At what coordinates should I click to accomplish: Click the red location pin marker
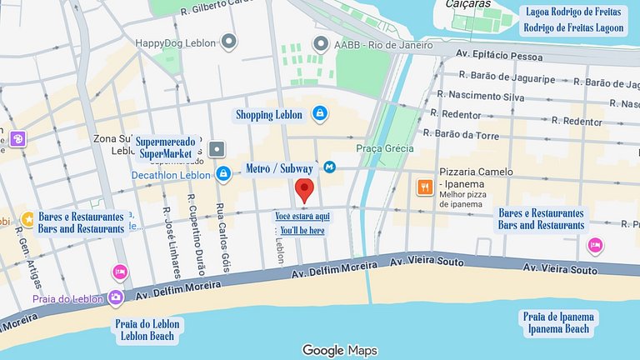click(304, 190)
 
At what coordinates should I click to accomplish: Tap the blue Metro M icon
click(330, 167)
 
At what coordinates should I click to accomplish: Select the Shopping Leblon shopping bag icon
click(319, 112)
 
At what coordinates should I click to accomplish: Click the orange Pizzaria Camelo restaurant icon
click(424, 187)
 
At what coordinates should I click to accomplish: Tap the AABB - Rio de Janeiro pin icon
click(320, 42)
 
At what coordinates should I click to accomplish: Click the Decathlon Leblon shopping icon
click(222, 174)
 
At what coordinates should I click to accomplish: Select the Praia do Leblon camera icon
click(116, 298)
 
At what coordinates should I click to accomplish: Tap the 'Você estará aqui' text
click(302, 216)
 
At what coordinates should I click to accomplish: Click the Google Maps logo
click(340, 351)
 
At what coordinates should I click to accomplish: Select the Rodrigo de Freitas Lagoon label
click(573, 27)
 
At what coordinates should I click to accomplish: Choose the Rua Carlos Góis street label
click(222, 237)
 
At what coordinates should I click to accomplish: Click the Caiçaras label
click(467, 4)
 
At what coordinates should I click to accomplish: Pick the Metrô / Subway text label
click(280, 169)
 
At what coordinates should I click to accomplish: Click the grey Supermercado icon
click(217, 149)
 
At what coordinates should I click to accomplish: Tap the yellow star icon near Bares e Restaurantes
click(27, 218)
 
